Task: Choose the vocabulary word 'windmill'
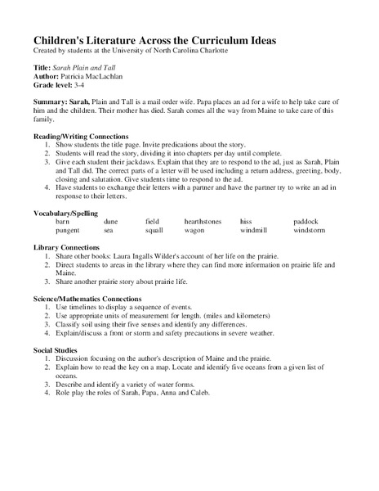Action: [x=256, y=231]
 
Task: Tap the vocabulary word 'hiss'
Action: [x=246, y=222]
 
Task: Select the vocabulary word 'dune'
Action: [x=111, y=222]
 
